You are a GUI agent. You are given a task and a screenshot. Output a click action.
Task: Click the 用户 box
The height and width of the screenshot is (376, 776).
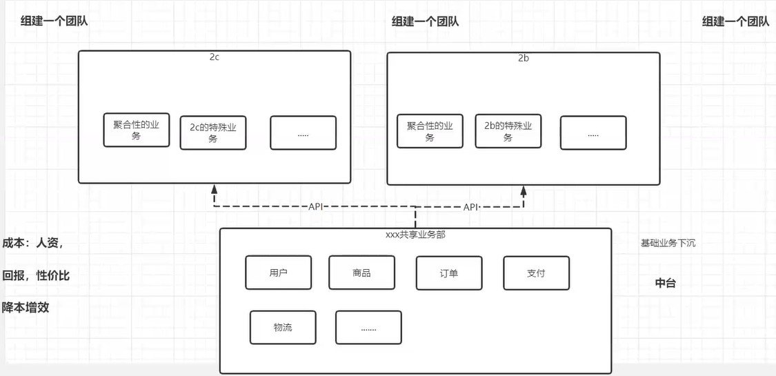(x=278, y=273)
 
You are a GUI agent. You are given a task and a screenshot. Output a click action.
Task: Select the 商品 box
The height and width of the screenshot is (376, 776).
(x=361, y=273)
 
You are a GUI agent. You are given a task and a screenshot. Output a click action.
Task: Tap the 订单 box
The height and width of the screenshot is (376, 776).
(x=449, y=273)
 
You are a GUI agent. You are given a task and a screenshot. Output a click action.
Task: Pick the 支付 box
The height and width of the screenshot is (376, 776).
(x=536, y=273)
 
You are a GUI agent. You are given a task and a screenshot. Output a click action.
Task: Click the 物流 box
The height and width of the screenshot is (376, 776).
(x=283, y=328)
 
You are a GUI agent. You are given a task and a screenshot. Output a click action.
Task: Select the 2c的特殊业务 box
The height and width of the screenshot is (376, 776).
(x=213, y=132)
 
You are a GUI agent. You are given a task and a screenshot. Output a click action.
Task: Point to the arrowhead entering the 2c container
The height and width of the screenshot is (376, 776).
(x=215, y=188)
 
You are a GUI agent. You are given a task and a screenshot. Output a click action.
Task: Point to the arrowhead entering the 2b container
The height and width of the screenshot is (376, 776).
(x=524, y=189)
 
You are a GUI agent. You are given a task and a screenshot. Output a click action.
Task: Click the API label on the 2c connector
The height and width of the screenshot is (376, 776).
(x=315, y=206)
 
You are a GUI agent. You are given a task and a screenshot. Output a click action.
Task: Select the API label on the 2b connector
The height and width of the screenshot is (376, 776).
(x=471, y=207)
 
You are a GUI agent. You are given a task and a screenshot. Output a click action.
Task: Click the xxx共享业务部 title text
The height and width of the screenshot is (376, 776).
(x=415, y=235)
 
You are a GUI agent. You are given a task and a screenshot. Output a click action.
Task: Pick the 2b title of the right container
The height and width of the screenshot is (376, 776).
(x=524, y=59)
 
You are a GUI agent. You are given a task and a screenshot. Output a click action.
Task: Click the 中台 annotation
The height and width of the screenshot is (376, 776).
(x=665, y=283)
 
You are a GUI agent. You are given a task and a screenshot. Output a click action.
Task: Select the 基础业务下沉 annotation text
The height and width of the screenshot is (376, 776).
(x=668, y=243)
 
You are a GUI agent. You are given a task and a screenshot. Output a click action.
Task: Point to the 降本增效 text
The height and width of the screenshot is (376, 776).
(x=26, y=307)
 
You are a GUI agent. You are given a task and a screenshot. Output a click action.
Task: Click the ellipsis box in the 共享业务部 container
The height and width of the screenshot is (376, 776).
(x=368, y=328)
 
